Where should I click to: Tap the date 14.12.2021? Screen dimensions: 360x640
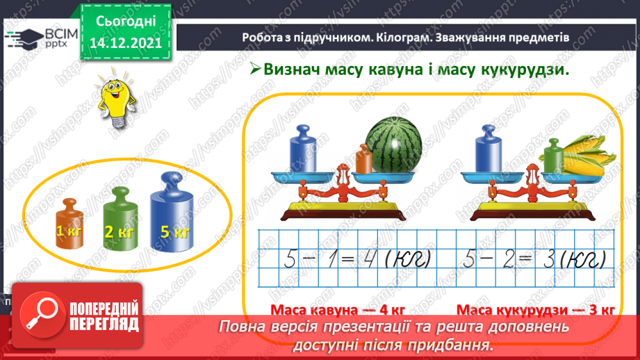[x=125, y=42]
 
